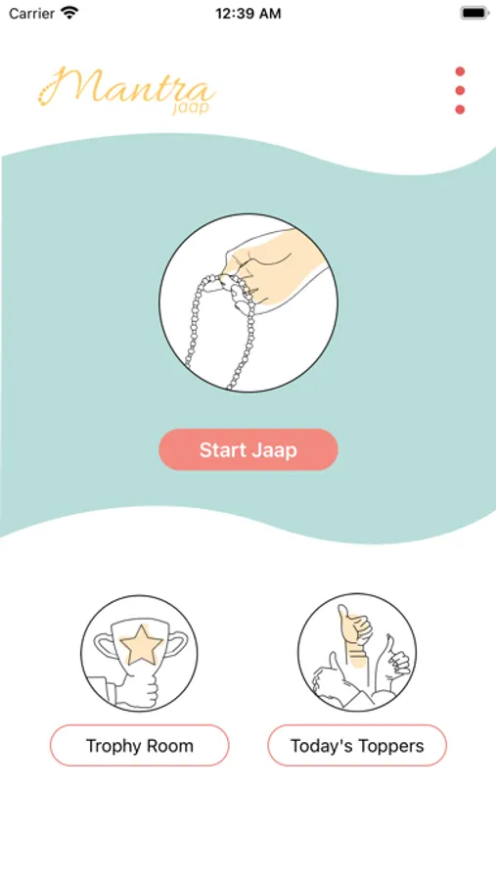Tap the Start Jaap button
[248, 449]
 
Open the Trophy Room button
[140, 746]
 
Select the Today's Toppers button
[357, 746]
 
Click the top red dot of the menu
[460, 71]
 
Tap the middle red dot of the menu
[460, 90]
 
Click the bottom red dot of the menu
[460, 110]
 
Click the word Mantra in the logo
[127, 86]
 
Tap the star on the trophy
[142, 646]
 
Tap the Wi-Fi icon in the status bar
[70, 13]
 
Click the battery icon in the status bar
[474, 13]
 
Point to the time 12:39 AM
[248, 14]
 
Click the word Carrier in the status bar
[31, 14]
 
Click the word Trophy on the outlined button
[113, 746]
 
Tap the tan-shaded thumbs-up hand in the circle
[354, 632]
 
